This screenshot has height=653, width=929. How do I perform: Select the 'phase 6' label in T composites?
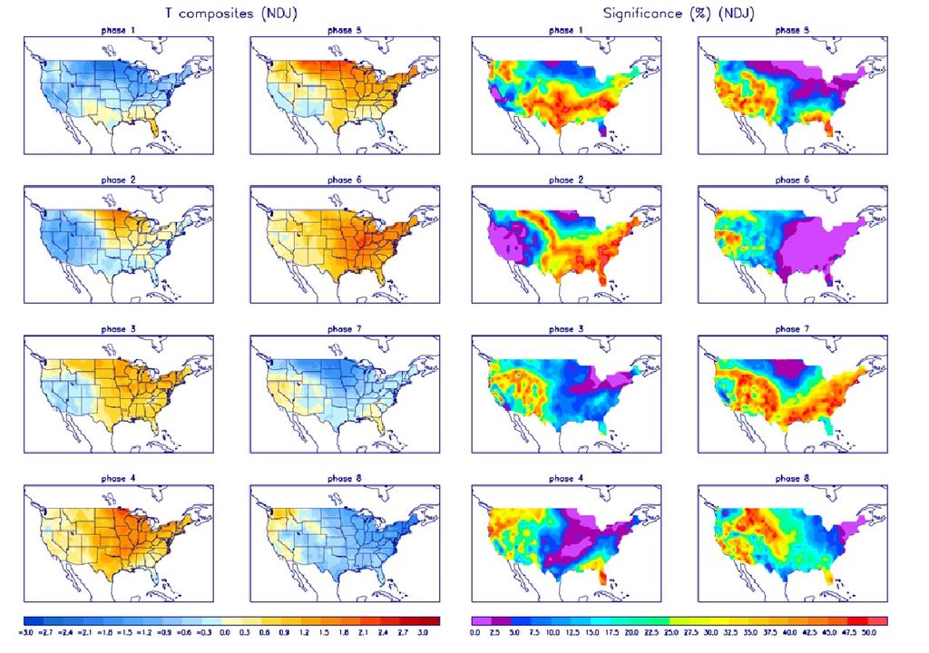(x=344, y=180)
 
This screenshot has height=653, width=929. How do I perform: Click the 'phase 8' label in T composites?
(x=344, y=478)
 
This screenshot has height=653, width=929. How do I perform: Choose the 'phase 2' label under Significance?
(x=566, y=180)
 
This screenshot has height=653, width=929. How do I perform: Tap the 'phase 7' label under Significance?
(x=792, y=328)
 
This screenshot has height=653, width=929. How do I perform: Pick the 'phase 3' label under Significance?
(x=566, y=328)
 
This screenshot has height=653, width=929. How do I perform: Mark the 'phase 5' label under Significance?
(x=792, y=31)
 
